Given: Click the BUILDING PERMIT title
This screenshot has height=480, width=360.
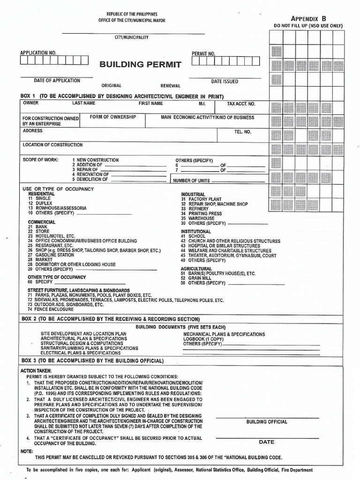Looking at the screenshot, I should point(140,65).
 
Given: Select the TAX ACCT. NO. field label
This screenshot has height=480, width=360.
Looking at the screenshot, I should point(241,104).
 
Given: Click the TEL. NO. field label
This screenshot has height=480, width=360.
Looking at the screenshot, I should point(243,132).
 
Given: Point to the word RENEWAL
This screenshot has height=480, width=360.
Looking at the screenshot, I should point(170,86).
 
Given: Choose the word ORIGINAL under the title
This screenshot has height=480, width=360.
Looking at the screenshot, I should point(112,86).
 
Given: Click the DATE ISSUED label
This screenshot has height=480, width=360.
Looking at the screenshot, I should point(225,82).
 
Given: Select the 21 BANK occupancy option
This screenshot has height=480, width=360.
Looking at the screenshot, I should point(37,226).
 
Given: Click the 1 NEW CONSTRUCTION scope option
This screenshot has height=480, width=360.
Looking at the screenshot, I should point(95,160).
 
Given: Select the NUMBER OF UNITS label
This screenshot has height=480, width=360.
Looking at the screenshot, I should point(192,180).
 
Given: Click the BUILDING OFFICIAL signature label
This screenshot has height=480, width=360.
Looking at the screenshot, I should point(267,422).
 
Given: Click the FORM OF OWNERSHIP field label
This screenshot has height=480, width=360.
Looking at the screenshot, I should point(112,117).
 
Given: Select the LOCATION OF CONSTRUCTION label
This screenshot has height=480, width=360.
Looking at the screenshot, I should point(52,145).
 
